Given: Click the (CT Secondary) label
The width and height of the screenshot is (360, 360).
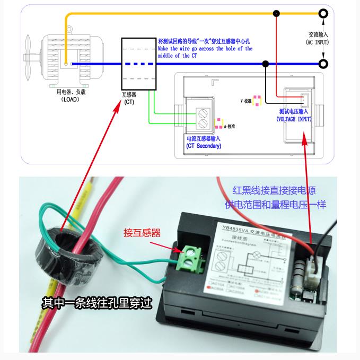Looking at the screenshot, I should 204,146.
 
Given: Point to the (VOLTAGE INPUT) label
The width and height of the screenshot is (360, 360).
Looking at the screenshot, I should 294,120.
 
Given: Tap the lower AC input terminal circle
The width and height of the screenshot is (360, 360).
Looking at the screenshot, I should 322,64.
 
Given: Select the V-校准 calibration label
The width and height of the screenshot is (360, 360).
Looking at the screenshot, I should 246,100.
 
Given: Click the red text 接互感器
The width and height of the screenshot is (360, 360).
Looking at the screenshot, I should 142,232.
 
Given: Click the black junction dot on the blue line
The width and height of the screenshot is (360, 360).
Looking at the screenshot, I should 265,64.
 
